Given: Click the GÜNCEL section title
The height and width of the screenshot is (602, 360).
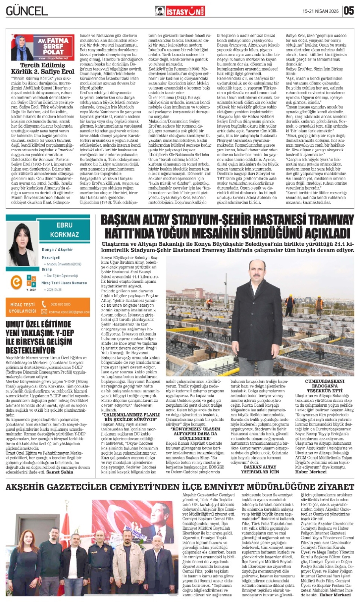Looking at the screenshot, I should pyautogui.click(x=27, y=11).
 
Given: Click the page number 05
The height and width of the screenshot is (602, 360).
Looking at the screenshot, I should pyautogui.click(x=349, y=11).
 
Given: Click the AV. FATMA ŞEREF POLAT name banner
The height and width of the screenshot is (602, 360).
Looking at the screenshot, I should pyautogui.click(x=53, y=46).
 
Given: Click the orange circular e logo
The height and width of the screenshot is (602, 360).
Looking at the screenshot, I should pyautogui.click(x=16, y=282).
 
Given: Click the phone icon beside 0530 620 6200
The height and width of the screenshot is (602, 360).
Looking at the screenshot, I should pyautogui.click(x=44, y=304).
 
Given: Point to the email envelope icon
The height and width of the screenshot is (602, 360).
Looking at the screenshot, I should pyautogui.click(x=44, y=312).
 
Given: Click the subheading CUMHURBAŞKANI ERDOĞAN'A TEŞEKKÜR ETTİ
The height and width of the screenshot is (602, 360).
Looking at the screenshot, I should pyautogui.click(x=324, y=386).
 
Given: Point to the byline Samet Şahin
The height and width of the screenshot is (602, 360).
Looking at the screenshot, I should pyautogui.click(x=60, y=472).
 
